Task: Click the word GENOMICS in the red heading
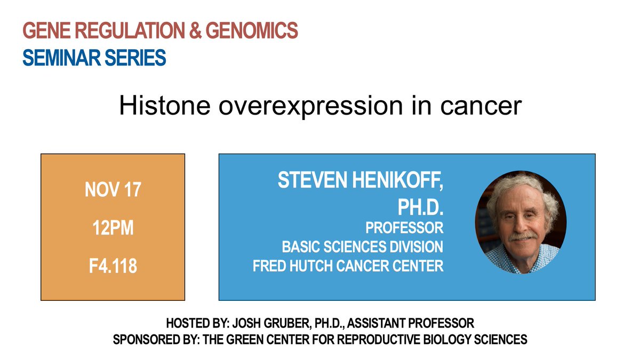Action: click(x=251, y=30)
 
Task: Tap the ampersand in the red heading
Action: click(x=195, y=30)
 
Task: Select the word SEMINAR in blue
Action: click(x=61, y=58)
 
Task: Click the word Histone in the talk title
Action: click(x=165, y=106)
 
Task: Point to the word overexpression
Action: click(x=311, y=106)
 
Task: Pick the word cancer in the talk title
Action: click(x=481, y=106)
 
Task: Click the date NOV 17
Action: click(x=113, y=189)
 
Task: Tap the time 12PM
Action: click(x=113, y=228)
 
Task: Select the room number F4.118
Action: click(x=113, y=266)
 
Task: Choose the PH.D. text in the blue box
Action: click(x=420, y=207)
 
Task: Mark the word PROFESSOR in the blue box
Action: click(x=404, y=228)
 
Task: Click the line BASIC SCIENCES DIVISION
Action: click(x=363, y=246)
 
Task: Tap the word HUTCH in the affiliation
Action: click(x=310, y=266)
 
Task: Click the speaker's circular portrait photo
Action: click(x=521, y=222)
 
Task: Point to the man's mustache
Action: click(x=523, y=237)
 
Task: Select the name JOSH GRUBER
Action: click(x=270, y=323)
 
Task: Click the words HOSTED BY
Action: click(x=198, y=323)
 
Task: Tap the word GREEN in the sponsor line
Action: click(x=245, y=340)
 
